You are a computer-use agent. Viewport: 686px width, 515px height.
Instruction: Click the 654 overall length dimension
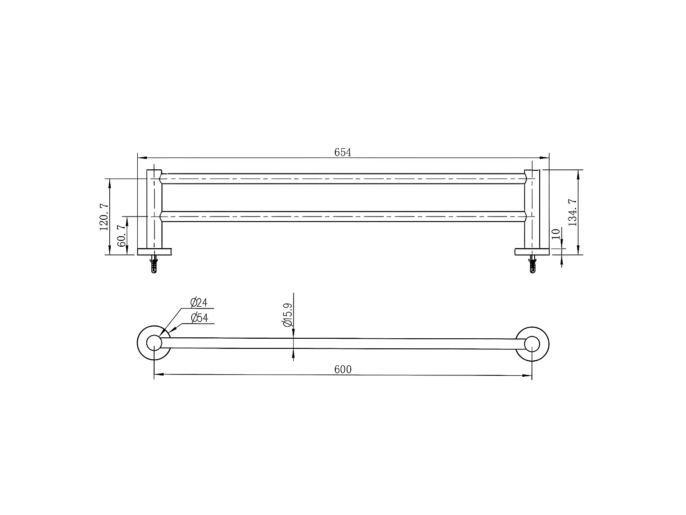tap(343, 152)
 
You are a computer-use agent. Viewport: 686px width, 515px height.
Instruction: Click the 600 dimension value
tap(343, 369)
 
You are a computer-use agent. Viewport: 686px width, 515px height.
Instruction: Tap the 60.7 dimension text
tap(122, 235)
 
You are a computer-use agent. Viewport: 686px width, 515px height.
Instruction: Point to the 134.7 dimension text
tap(572, 212)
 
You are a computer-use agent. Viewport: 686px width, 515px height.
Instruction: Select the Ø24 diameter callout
tap(199, 303)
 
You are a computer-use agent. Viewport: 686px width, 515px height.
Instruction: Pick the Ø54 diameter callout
tap(199, 318)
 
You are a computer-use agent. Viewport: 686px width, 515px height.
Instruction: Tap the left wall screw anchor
tap(154, 265)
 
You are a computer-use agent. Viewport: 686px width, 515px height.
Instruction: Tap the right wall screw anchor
tap(532, 265)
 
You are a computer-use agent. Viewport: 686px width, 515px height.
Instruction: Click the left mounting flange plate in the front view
tap(155, 251)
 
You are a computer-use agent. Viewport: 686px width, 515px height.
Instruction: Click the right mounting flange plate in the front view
tap(532, 251)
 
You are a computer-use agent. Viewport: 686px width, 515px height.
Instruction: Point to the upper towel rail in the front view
tap(343, 179)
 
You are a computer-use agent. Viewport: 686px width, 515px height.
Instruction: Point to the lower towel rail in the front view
tap(343, 217)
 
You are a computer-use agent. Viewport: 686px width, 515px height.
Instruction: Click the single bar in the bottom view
tap(343, 343)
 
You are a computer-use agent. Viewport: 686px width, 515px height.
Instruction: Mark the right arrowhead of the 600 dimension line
tap(529, 375)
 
